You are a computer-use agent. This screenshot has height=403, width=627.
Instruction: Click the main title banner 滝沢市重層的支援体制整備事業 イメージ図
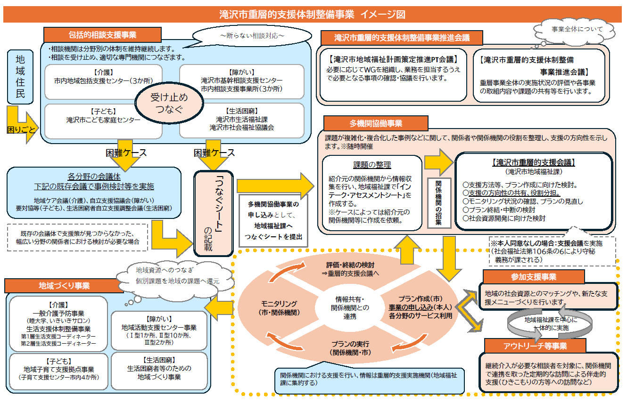[x=313, y=14]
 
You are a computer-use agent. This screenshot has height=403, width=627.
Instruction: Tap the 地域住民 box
[x=20, y=77]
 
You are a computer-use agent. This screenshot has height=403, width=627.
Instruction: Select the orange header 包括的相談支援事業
[x=102, y=35]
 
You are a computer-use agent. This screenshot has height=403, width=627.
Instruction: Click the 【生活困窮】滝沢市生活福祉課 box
[x=242, y=120]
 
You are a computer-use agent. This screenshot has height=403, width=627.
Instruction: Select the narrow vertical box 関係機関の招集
[x=438, y=203]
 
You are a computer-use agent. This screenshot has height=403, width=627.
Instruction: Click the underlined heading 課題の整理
[x=372, y=165]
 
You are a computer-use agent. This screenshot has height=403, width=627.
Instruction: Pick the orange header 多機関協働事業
[x=375, y=123]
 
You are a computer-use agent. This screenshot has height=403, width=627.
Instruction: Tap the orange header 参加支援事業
[x=533, y=276]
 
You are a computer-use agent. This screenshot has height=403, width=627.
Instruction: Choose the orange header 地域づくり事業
[x=64, y=285]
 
